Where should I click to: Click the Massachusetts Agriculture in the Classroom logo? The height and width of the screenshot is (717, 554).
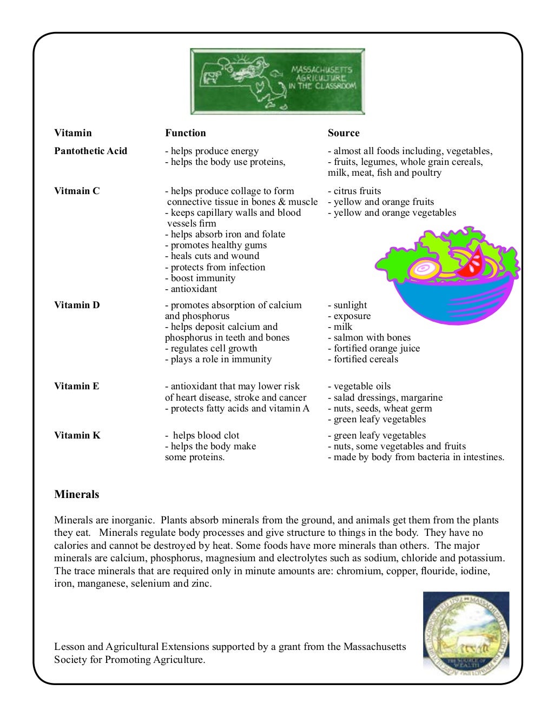(277, 81)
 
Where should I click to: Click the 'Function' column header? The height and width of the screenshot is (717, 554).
(185, 133)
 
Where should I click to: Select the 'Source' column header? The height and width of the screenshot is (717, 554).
(343, 133)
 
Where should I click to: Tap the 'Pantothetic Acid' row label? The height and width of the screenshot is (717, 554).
(90, 151)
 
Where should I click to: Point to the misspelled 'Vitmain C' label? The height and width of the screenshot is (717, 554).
(77, 191)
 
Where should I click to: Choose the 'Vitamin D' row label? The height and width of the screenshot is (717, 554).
(77, 305)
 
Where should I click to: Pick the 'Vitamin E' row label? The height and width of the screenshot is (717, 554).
(76, 386)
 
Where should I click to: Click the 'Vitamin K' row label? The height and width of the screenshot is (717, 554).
(77, 435)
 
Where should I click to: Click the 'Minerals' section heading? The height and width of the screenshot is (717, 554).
(76, 494)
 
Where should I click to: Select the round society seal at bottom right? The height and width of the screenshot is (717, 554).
(466, 633)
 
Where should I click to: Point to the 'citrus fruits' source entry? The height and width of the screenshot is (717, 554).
(357, 191)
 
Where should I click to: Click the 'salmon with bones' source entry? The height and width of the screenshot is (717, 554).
(372, 337)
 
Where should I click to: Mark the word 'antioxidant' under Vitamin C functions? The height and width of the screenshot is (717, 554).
(194, 289)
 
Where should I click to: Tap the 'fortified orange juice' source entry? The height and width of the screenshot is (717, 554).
(377, 348)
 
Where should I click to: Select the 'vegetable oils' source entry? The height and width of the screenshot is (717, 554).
(362, 386)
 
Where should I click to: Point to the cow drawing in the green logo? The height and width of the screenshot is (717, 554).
(210, 77)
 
